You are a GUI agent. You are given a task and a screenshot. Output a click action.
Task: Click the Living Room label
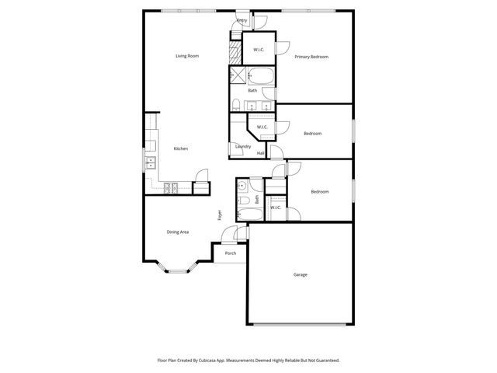187,56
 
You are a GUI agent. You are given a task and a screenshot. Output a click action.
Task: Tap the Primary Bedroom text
311,57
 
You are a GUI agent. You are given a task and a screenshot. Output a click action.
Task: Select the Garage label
300,275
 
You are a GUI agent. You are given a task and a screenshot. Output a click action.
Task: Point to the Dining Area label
178,232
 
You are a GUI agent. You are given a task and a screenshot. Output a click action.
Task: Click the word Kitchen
180,148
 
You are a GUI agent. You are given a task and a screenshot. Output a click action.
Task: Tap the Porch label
231,253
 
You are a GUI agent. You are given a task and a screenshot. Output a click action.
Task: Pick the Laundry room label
243,147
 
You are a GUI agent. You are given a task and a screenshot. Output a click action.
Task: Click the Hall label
261,153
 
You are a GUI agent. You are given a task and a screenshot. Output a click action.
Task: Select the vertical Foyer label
220,215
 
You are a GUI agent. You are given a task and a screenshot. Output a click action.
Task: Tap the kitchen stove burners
170,186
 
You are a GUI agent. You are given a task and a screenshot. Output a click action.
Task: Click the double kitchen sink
151,162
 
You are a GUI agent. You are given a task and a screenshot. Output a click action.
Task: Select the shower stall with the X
238,76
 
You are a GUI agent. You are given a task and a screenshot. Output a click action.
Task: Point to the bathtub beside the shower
260,76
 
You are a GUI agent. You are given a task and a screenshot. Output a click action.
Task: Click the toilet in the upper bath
236,105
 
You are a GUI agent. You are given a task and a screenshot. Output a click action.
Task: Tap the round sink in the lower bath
242,186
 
